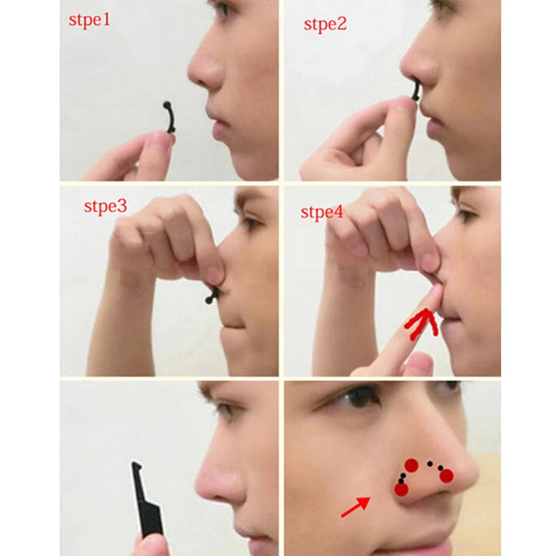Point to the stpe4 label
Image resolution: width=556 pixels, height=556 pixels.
[x=322, y=211]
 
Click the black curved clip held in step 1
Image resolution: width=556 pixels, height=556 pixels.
[x=168, y=118]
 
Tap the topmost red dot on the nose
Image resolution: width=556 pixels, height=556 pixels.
[x=411, y=465]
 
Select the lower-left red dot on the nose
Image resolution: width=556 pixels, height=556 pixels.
[x=401, y=489]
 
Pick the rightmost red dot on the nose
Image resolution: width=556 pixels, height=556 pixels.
[x=446, y=475]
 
